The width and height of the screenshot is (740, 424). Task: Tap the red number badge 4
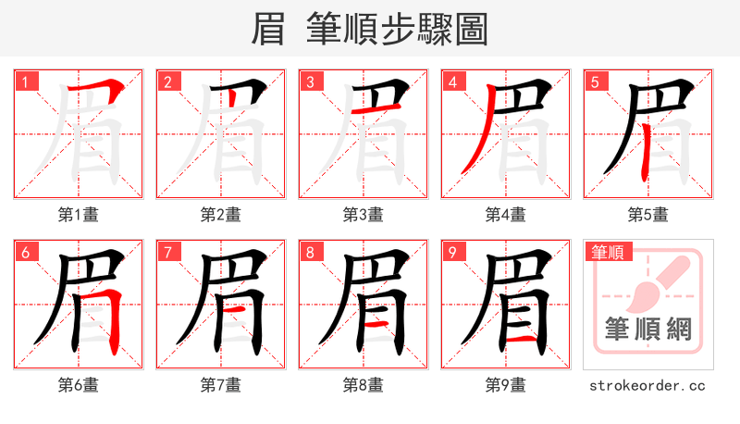coord(452,81)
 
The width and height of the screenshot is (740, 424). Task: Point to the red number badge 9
coord(452,252)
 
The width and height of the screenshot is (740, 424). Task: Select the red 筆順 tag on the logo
coord(607,252)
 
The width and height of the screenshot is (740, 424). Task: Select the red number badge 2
coord(167,81)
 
